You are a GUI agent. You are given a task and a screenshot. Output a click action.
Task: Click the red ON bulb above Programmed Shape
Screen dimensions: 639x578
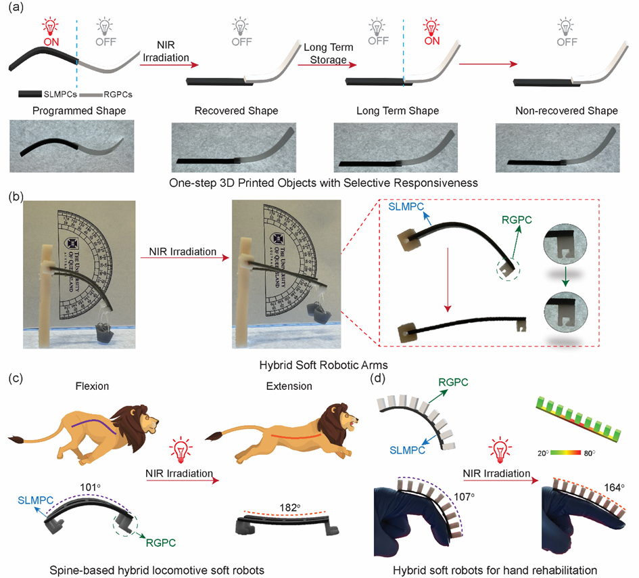coord(51,27)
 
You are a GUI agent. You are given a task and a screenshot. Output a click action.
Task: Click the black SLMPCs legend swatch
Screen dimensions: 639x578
coord(30,94)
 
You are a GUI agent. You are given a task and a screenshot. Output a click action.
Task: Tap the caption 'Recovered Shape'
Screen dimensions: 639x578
coord(237,111)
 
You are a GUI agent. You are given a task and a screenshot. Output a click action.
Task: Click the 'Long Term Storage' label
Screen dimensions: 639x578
coord(329,53)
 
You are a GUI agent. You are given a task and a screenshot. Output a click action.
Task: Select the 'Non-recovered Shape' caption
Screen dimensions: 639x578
coord(567,111)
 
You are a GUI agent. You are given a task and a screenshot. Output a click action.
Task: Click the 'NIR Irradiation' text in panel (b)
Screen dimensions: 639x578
coord(183,252)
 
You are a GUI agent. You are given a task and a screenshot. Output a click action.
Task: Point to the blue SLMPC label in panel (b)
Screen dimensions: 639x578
coord(406,207)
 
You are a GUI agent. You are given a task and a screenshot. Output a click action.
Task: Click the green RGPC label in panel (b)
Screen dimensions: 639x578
coord(517,220)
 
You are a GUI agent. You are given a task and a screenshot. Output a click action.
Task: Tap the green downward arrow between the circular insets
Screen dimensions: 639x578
coord(565,277)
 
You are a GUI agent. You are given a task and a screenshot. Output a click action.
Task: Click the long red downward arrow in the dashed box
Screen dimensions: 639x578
coord(448,280)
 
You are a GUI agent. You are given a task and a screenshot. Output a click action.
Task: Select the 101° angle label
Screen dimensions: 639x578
coord(90,487)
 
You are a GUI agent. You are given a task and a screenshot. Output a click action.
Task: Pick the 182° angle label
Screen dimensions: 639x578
coord(290,508)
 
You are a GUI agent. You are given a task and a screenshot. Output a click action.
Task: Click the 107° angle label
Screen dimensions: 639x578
coord(465,497)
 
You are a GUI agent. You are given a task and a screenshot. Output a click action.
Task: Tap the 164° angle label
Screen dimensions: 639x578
coord(614,487)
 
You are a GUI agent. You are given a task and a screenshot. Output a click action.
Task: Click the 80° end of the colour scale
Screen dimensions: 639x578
coord(589,453)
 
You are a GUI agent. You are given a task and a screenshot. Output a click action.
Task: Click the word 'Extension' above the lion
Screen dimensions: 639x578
coord(289,386)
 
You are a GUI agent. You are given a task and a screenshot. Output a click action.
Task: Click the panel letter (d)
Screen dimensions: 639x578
coord(377,378)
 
